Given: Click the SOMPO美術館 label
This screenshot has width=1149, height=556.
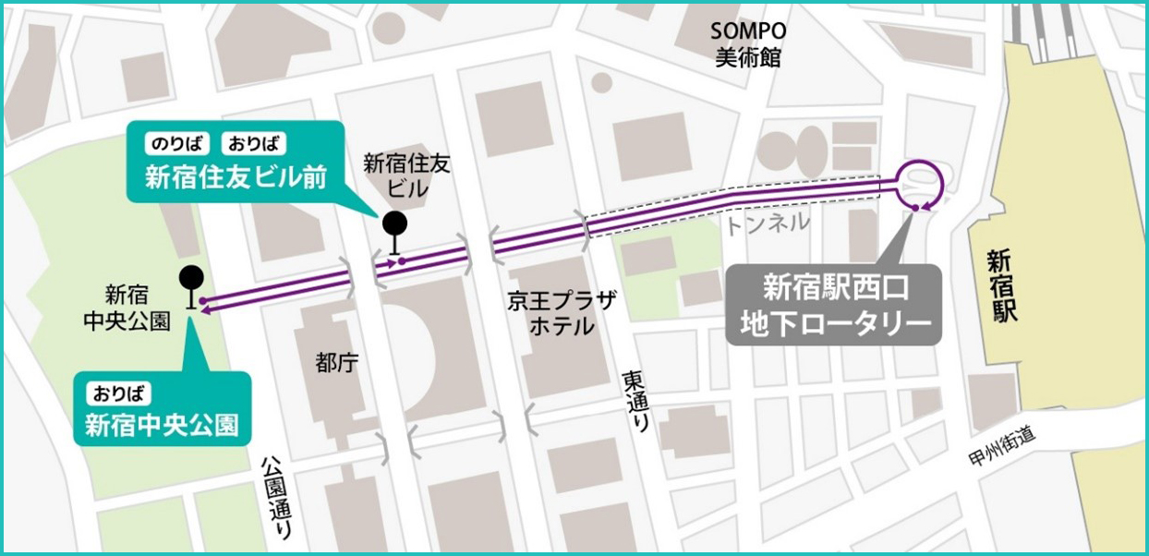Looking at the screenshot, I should [x=748, y=43].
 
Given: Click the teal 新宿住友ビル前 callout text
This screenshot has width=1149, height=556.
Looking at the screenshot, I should [x=236, y=176].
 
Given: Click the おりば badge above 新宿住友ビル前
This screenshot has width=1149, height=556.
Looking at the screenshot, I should [x=253, y=143].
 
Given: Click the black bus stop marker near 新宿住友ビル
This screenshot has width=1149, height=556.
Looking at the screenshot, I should [x=394, y=224].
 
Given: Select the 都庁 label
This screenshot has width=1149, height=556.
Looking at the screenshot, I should [x=332, y=364].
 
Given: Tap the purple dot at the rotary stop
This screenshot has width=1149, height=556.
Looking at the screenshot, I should [x=914, y=208].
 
